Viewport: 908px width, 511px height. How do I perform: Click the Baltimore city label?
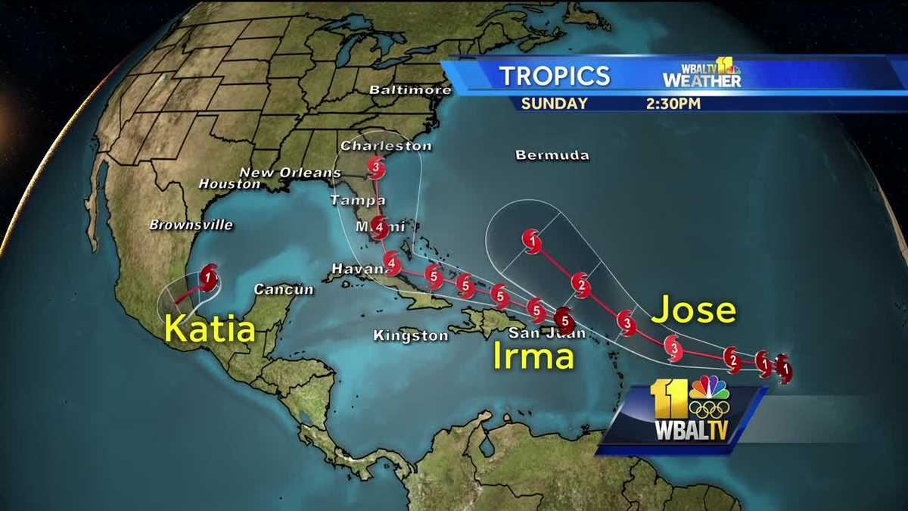[x=410, y=90]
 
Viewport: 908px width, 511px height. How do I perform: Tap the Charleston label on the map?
[x=386, y=145]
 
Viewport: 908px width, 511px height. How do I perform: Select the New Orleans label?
[x=290, y=173]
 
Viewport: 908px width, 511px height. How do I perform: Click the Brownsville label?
[x=191, y=225]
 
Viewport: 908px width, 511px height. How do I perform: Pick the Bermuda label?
[x=552, y=155]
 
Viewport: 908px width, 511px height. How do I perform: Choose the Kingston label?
[x=411, y=335]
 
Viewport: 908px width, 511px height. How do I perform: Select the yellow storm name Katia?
[x=210, y=329]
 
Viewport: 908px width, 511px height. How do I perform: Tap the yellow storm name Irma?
[x=533, y=355]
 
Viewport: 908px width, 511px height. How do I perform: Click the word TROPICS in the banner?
[x=554, y=76]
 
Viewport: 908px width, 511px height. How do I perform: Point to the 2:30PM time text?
[x=673, y=104]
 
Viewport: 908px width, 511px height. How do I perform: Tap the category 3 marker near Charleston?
[x=376, y=166]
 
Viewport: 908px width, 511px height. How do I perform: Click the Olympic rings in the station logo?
[x=709, y=410]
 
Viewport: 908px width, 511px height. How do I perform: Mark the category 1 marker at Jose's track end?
[x=533, y=242]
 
